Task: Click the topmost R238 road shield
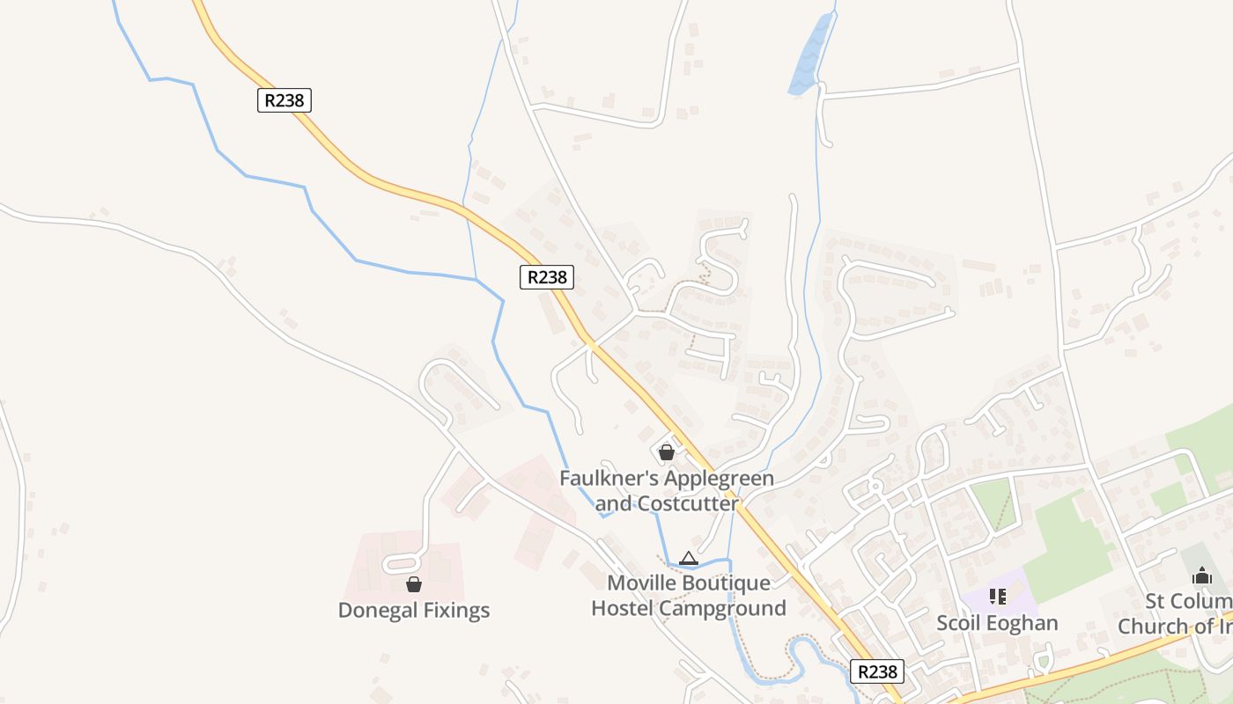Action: click(x=284, y=100)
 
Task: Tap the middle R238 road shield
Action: click(x=546, y=277)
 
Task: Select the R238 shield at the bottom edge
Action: click(x=878, y=671)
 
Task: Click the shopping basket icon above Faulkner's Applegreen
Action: click(x=667, y=452)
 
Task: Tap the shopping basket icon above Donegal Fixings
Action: click(x=413, y=584)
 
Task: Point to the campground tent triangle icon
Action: click(x=689, y=558)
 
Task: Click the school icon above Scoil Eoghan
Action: click(x=997, y=597)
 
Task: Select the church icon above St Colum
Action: click(x=1202, y=576)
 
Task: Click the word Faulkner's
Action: click(x=609, y=479)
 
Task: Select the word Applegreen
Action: click(x=718, y=479)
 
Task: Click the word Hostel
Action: click(x=622, y=608)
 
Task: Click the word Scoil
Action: click(x=959, y=623)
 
